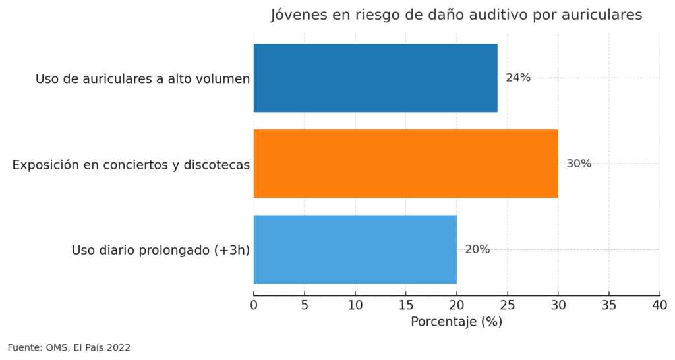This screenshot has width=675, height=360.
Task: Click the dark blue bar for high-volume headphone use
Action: coord(375,78)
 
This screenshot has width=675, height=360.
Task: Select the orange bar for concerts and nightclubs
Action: coord(405,164)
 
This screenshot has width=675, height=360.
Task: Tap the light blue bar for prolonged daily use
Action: coord(355,249)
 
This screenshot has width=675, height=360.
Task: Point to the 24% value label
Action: coord(518,78)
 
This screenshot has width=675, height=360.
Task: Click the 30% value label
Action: coord(579,164)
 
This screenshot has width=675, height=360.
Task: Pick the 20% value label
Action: coord(477,249)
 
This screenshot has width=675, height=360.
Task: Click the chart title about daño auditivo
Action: coord(456,15)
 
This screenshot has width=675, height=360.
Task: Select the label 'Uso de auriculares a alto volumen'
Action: coord(142,79)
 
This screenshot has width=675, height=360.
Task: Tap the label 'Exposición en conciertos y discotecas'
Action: coord(131,165)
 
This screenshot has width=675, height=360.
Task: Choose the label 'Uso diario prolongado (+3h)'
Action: coord(160,251)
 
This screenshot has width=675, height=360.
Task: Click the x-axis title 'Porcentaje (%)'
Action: coord(456,322)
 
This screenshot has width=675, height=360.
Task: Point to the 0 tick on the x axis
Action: coord(254,305)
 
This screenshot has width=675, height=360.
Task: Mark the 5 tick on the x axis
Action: coord(305,305)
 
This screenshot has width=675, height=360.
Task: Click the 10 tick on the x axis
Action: coord(355,305)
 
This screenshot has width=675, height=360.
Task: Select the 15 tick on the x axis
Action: coord(406,305)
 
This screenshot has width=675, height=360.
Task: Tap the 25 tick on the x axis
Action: coord(508,305)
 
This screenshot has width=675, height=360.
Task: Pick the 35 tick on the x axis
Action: coord(609,305)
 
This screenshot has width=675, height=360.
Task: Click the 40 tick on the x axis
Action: coord(659,305)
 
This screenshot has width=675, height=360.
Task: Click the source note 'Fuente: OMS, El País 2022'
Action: coord(69,347)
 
